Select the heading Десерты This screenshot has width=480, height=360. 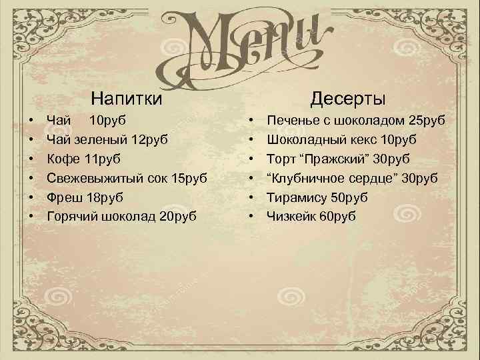pos(347,99)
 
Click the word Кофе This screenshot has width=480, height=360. pos(62,159)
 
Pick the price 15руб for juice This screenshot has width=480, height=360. pos(189,179)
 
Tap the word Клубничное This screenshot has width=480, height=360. pos(310,179)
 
